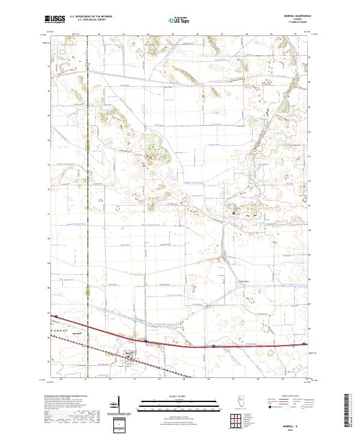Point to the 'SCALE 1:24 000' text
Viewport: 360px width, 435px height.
pos(172,396)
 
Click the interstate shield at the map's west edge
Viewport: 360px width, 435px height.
pos(54,316)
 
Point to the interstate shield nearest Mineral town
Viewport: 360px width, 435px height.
pos(145,341)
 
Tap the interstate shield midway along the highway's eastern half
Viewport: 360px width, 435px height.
pos(214,346)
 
